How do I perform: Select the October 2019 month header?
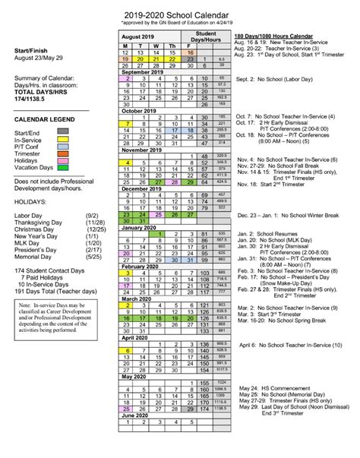pyautogui.click(x=143, y=109)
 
